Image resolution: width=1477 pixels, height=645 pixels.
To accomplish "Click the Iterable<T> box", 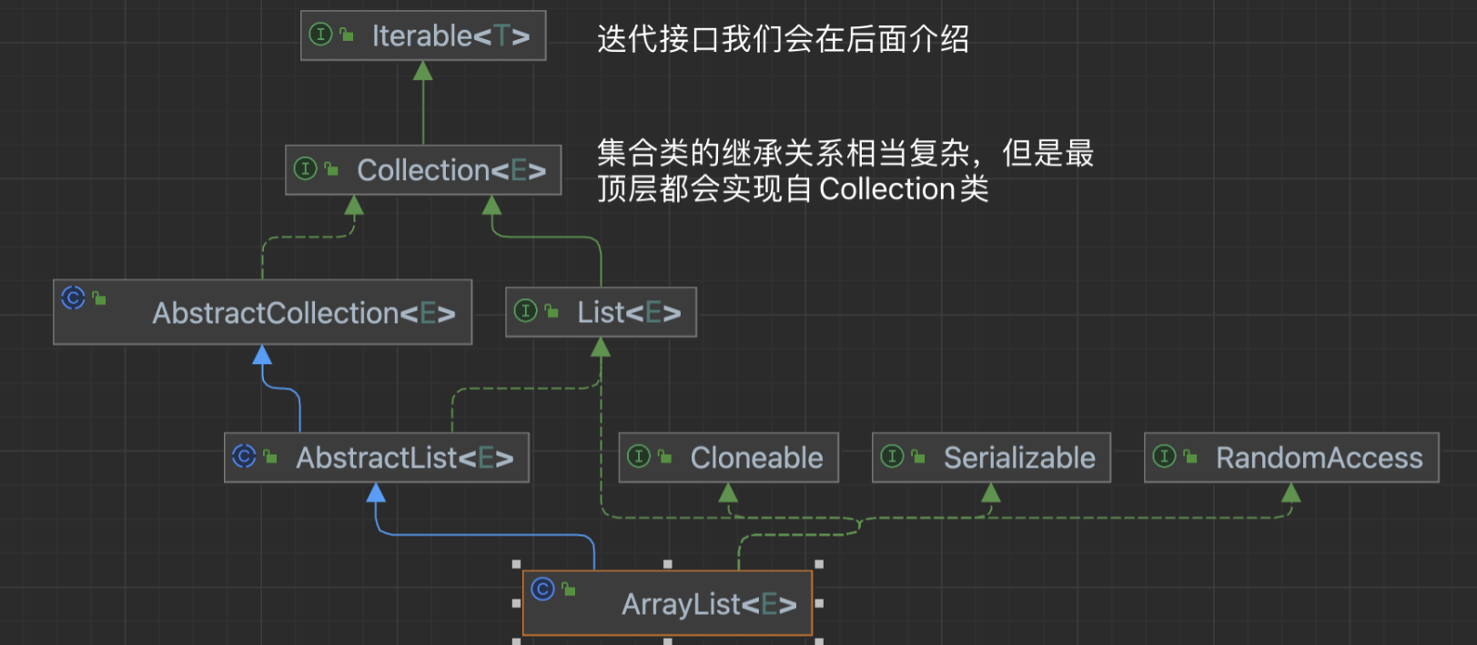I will pos(423,35).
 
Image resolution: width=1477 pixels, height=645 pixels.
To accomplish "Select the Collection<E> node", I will pos(423,170).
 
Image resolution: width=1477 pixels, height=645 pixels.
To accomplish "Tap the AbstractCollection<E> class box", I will pos(263,312).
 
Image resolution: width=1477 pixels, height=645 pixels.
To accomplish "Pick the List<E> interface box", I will pos(601,312).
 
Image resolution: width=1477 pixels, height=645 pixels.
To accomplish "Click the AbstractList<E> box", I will pos(376,457).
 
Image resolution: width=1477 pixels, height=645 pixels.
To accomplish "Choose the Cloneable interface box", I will pos(728,458).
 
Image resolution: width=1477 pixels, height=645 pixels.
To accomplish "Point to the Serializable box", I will pos(991,458).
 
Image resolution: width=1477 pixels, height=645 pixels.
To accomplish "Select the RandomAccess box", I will pos(1291,458).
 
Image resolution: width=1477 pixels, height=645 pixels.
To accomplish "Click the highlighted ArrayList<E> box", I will pos(667,603).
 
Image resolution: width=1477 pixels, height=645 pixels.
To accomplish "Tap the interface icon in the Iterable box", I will pos(320,35).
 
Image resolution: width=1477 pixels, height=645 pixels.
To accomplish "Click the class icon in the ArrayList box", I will pos(542,589).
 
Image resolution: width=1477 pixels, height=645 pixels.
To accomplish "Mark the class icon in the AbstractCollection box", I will pos(73,297).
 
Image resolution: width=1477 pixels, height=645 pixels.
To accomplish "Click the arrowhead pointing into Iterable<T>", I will pos(423,71).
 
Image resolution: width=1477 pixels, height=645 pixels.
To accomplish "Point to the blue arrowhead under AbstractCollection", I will pos(262,355).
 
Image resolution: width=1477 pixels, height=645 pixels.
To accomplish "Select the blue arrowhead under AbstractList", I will pos(376,493).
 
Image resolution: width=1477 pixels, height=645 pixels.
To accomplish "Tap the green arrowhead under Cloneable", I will pos(728,493).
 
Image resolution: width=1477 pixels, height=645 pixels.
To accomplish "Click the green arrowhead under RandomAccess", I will pos(1291,493).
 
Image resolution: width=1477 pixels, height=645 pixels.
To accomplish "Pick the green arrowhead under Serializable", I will pos(991,493).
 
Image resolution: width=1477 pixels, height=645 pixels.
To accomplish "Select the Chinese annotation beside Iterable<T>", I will pos(783,39).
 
